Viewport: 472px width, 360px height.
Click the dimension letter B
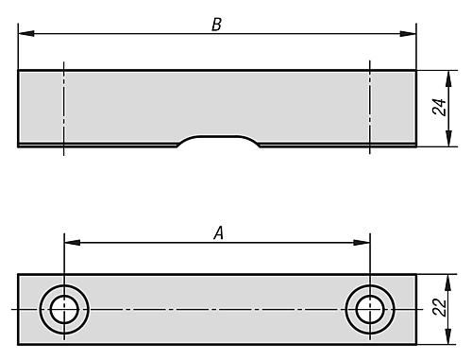pos(216,25)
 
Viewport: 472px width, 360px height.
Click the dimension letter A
pos(219,233)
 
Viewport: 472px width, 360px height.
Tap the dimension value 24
pos(439,107)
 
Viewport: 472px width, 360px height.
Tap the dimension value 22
pos(439,307)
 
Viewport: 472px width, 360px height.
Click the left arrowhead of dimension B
pos(26,33)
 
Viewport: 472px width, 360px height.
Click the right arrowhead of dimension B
pos(408,33)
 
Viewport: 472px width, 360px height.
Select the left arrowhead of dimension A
pos(72,243)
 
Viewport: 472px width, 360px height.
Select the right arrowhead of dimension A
pos(362,243)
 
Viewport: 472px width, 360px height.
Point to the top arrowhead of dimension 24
pos(448,78)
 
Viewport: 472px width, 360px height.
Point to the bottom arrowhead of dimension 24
pos(448,139)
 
